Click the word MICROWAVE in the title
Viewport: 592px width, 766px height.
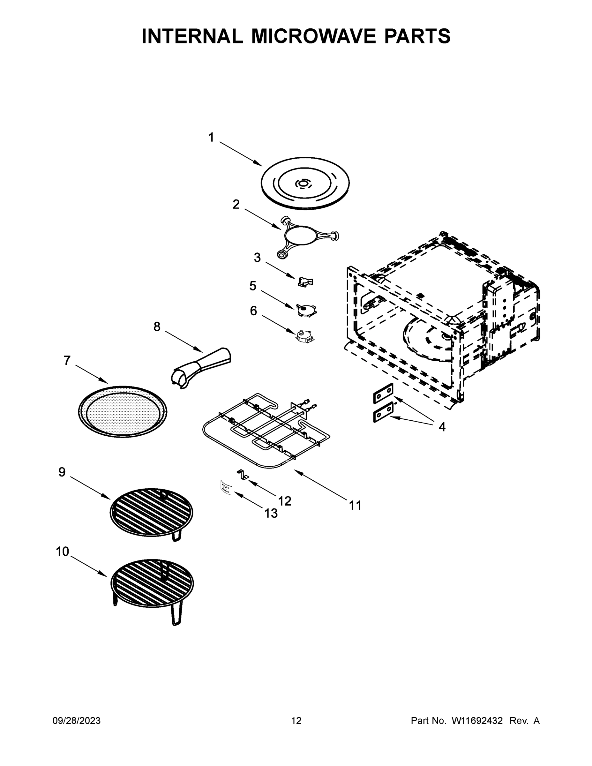pos(314,36)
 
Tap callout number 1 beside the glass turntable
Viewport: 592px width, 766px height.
pos(211,137)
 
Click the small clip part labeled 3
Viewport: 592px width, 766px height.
pos(305,281)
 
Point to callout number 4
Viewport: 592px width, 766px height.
pos(442,426)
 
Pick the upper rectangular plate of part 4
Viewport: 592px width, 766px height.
pos(383,393)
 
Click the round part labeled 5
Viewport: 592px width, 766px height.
pos(305,310)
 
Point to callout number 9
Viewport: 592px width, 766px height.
pos(62,472)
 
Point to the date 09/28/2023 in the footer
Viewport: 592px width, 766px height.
pos(77,720)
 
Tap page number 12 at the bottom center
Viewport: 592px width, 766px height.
pos(296,720)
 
